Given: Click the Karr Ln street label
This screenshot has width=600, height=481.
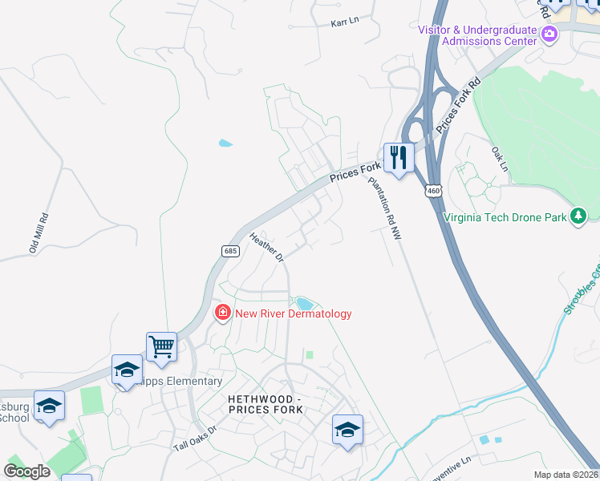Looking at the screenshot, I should [345, 24].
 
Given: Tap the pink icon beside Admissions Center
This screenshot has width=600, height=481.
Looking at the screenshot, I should [549, 34].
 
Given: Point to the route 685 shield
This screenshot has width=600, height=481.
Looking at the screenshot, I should [231, 251].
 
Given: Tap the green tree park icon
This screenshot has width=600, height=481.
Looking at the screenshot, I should [578, 216].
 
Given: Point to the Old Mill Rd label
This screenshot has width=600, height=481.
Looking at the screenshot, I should [39, 233].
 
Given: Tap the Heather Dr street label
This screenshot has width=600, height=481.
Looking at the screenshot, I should [267, 247].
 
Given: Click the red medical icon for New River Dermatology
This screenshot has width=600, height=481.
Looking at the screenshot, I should [222, 313].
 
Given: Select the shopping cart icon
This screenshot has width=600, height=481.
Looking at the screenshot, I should [161, 346].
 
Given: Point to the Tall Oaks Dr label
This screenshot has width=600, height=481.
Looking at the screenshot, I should [196, 437].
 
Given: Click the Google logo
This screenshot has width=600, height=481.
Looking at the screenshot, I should [26, 471].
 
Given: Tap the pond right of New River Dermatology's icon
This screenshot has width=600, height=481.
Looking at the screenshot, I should [304, 303].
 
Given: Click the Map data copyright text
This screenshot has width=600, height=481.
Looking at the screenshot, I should [566, 475].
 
